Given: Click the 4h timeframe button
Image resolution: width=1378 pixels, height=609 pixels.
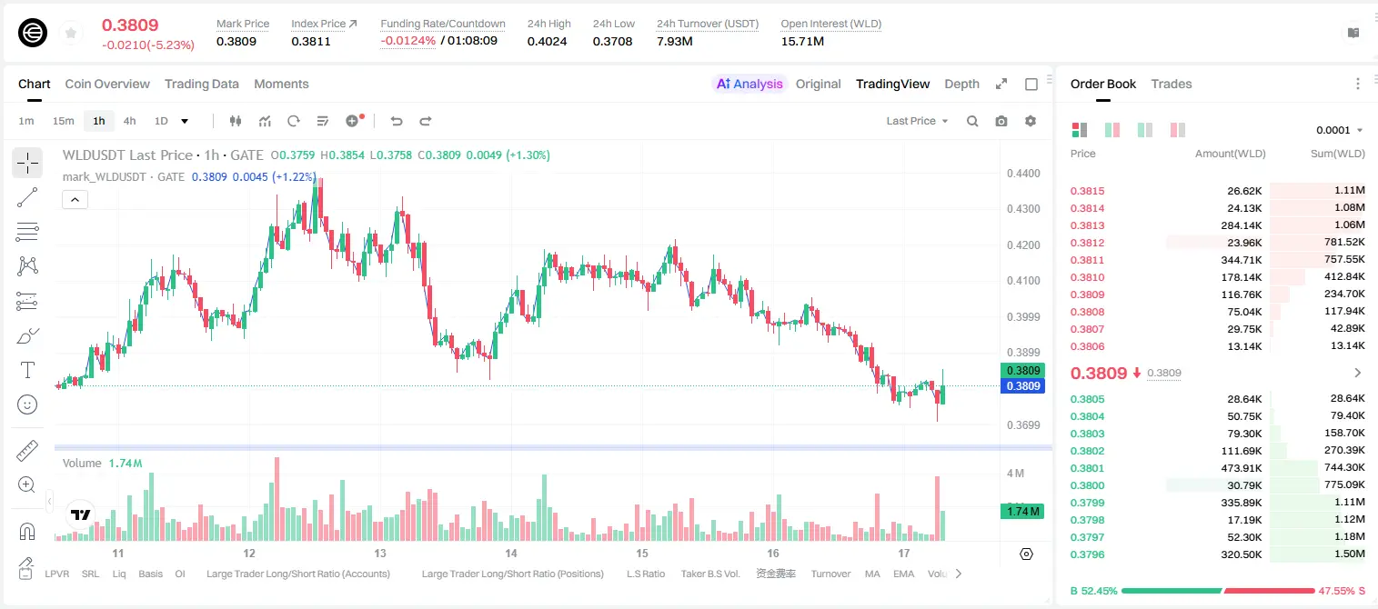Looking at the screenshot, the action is click(129, 121).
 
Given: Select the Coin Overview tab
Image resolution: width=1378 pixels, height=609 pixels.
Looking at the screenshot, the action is click(107, 84).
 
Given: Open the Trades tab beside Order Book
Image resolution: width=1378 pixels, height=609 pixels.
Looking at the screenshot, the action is click(1171, 84).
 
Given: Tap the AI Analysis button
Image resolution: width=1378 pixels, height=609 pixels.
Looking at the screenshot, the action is click(749, 84).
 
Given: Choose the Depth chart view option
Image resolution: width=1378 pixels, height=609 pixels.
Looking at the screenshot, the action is click(961, 84).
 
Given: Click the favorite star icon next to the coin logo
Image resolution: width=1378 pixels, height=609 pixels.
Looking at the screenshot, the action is click(71, 33).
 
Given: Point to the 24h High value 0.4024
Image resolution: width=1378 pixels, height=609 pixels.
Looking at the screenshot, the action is click(547, 41).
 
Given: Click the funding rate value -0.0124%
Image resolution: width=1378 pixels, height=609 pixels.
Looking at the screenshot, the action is click(407, 41).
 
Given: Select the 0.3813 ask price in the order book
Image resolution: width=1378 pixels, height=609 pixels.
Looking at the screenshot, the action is click(1087, 225).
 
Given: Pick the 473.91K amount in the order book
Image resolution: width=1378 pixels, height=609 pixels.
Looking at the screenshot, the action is click(1241, 468).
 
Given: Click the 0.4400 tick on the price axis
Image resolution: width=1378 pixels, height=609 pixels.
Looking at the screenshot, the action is click(1023, 174).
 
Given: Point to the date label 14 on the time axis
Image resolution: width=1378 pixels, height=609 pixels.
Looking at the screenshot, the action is click(510, 553).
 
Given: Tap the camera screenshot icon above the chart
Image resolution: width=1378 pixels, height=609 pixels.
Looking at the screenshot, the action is click(1001, 121).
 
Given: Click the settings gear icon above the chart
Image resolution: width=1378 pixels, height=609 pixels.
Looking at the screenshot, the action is click(1031, 121).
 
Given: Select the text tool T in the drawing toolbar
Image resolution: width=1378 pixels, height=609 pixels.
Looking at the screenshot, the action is click(27, 370).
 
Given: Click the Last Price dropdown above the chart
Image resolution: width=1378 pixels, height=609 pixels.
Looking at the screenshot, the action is click(917, 121).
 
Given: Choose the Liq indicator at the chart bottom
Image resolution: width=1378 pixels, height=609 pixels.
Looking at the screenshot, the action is click(119, 574).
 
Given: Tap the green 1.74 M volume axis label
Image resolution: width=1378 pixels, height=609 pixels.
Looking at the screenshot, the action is click(1022, 512).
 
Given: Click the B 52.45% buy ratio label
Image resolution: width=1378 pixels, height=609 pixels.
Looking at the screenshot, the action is click(1093, 591).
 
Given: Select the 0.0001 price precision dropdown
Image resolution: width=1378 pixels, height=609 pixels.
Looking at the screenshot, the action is click(1339, 130).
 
